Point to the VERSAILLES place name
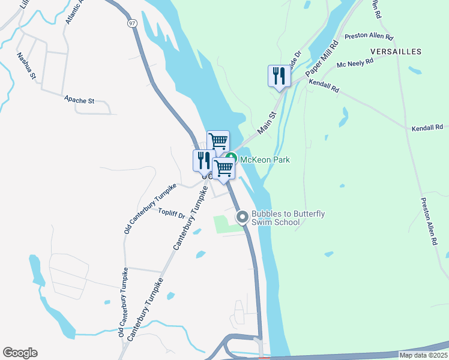point(396,52)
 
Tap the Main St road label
point(267,122)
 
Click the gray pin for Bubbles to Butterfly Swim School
point(243,217)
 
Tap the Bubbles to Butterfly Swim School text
point(288,218)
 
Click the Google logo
point(20,353)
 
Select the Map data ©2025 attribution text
point(423,355)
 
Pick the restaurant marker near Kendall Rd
point(279,76)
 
